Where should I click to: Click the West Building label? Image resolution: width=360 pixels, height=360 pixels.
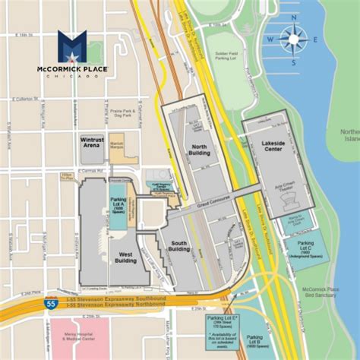125,258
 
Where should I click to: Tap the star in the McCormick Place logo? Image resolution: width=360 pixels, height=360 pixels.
72,47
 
